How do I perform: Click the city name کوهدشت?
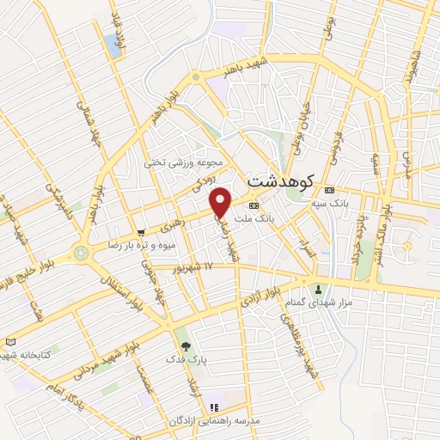[279, 181]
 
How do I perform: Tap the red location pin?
[221, 201]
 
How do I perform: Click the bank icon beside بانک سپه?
[329, 191]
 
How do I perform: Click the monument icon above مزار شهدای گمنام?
[319, 289]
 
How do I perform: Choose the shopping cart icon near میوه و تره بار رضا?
[141, 233]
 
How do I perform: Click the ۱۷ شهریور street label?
[196, 268]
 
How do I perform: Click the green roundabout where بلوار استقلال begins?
[82, 254]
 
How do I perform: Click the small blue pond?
[113, 46]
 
